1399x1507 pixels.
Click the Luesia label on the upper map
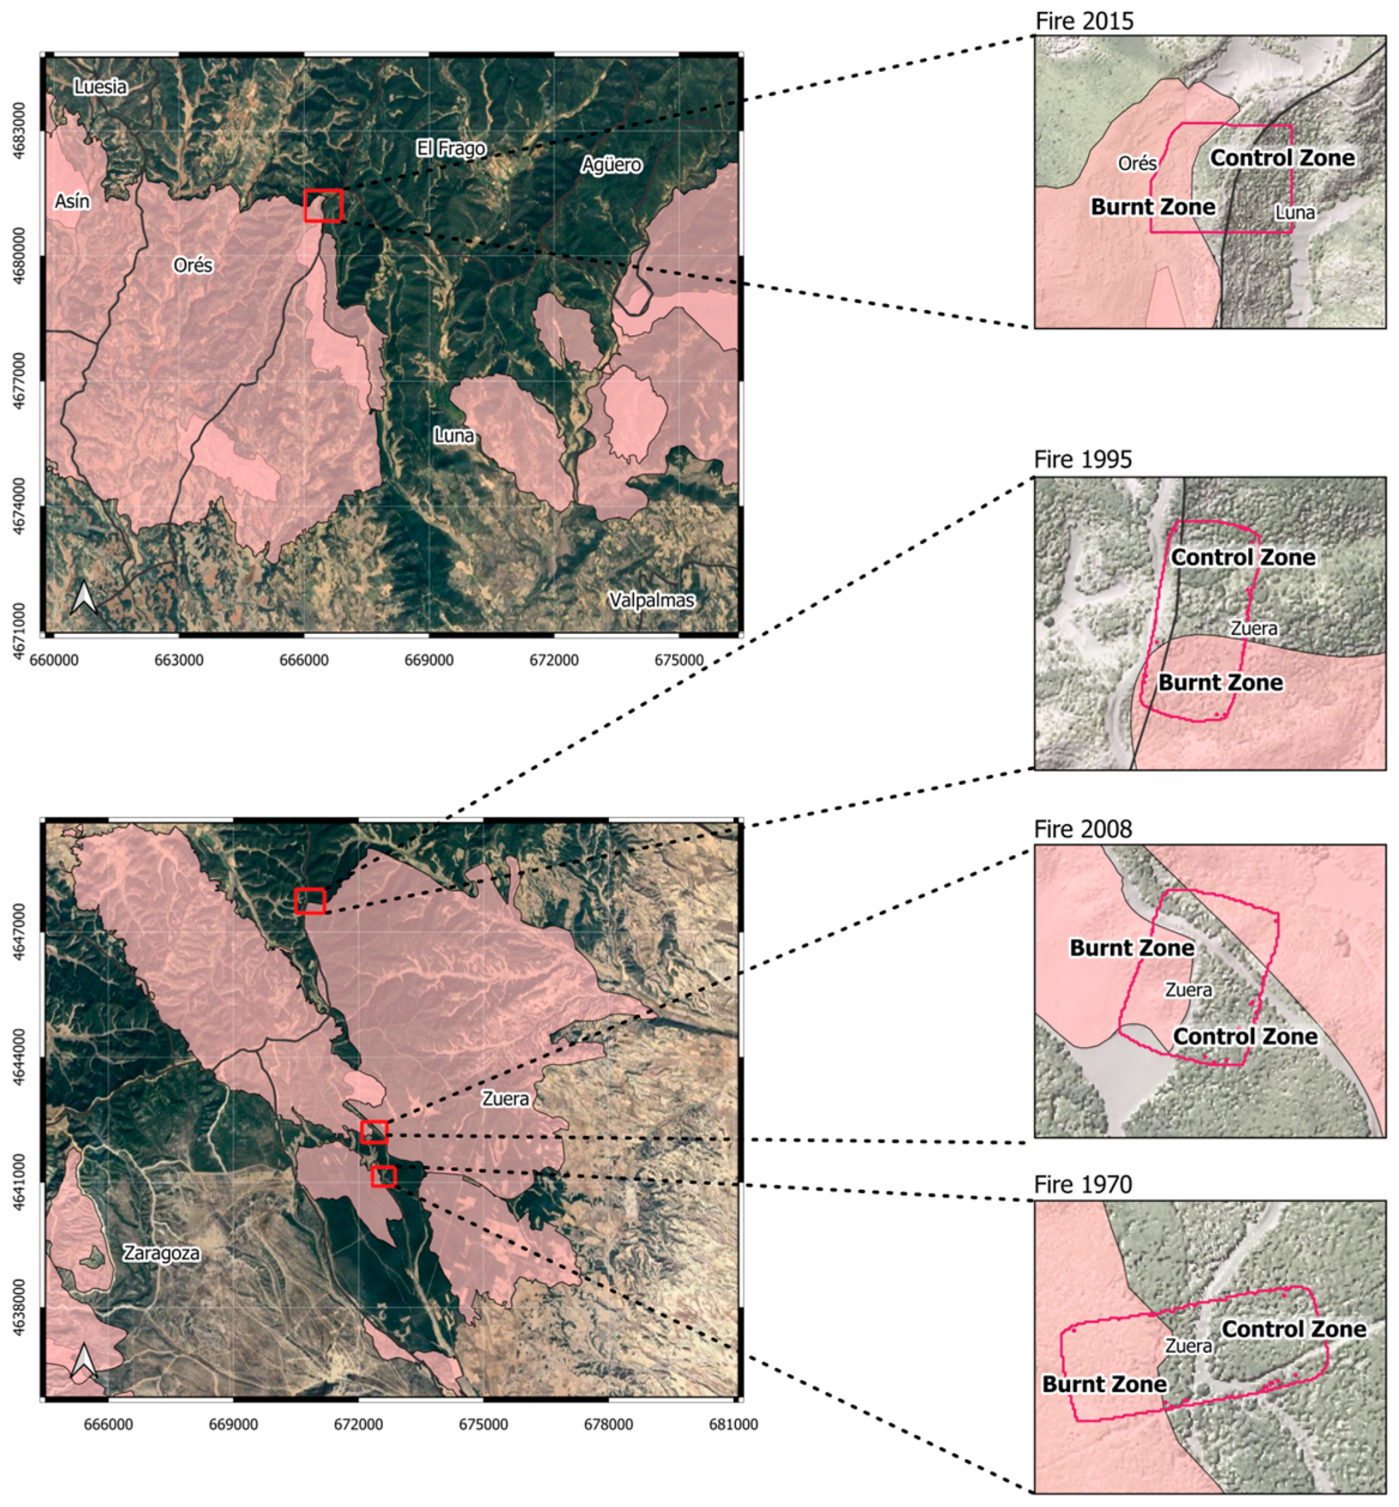(x=100, y=87)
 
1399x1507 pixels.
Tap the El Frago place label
(x=451, y=148)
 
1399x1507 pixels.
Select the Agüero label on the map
(x=611, y=164)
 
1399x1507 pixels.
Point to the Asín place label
(x=72, y=202)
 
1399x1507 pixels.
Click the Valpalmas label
(x=652, y=600)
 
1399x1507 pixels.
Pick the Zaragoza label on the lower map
(x=162, y=1252)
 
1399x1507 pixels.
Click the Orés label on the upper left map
(x=193, y=265)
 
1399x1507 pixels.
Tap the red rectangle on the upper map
(x=323, y=205)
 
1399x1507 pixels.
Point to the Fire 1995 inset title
(x=1083, y=460)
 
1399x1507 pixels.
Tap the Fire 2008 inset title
(x=1083, y=829)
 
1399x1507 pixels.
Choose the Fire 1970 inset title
(x=1083, y=1184)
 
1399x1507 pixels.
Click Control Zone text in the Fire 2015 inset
(x=1283, y=158)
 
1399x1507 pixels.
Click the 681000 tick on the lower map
(x=733, y=1425)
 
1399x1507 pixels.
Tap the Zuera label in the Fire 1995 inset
(x=1253, y=628)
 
